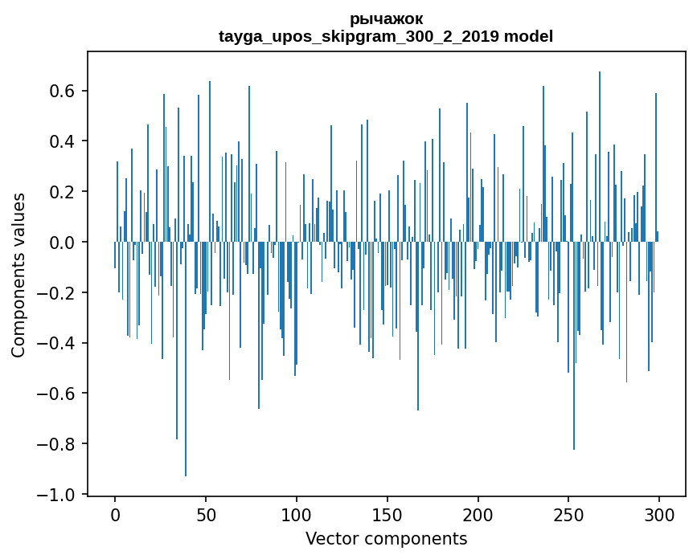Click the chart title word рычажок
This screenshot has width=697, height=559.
[x=386, y=18]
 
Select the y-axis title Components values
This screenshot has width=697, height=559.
[x=18, y=275]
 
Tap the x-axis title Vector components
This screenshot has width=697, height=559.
[x=386, y=538]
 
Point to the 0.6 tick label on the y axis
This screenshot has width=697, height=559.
[x=59, y=91]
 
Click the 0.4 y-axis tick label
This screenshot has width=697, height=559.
[x=59, y=141]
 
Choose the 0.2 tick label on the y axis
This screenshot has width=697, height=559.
[x=59, y=192]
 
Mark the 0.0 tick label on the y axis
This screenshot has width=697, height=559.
[x=59, y=243]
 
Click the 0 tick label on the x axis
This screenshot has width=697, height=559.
[x=115, y=514]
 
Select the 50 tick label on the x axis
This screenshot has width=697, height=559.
[x=206, y=514]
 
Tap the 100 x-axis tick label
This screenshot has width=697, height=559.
[x=297, y=514]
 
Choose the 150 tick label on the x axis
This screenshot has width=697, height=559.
[x=387, y=514]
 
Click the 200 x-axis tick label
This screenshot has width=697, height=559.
[x=478, y=514]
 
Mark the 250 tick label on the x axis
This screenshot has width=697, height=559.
[x=568, y=514]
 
